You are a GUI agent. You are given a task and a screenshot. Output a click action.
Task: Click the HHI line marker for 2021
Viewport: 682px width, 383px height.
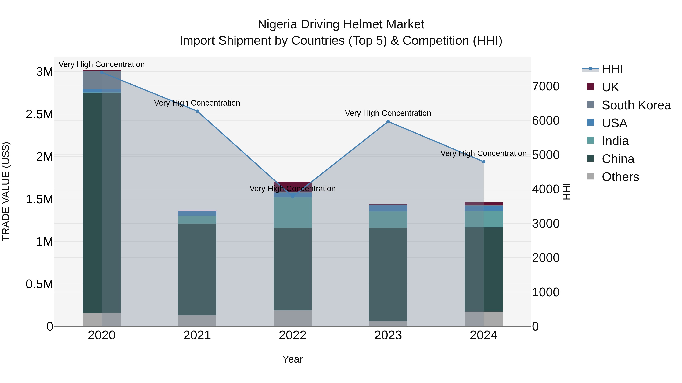tap(197, 111)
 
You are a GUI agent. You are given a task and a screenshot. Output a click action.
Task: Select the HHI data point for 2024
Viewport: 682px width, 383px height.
tap(483, 162)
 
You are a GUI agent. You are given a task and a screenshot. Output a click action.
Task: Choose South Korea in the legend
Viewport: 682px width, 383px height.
tap(636, 105)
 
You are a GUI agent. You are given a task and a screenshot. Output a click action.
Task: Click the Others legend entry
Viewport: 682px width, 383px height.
tap(620, 177)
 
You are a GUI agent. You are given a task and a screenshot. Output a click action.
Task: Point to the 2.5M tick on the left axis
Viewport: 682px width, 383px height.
tap(39, 114)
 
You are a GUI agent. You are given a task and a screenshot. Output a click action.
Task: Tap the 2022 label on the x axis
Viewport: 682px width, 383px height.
tap(293, 335)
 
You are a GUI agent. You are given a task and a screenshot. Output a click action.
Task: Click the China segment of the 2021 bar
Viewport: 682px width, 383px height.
tap(197, 270)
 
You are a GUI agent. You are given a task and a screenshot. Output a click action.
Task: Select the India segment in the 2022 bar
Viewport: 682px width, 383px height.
tap(293, 213)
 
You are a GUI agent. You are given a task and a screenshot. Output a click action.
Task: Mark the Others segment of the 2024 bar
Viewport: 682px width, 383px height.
tap(483, 319)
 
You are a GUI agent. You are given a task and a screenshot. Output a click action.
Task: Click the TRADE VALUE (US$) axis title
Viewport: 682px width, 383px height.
tap(6, 191)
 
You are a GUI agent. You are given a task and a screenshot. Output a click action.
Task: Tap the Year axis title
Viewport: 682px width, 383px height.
tap(293, 359)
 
